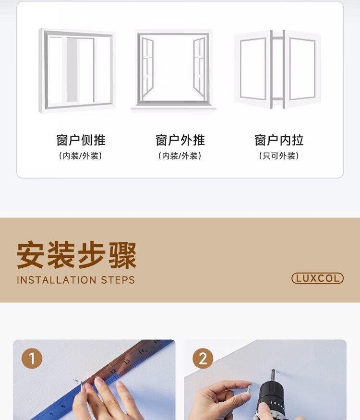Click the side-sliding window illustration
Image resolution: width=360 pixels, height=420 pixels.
click(x=77, y=71)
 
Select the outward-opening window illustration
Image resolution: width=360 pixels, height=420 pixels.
click(x=173, y=70)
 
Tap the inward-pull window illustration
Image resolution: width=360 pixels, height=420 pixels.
click(x=277, y=70)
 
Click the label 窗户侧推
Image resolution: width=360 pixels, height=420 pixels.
click(x=81, y=140)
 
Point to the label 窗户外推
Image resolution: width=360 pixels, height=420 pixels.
click(x=180, y=140)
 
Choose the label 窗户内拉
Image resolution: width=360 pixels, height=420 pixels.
click(x=279, y=140)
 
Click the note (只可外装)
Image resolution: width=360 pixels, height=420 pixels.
click(x=279, y=156)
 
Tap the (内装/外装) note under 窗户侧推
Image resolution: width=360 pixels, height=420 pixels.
click(x=80, y=156)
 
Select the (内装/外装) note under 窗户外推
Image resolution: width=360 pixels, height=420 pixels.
click(x=180, y=156)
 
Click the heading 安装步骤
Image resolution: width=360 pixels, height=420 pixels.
click(x=77, y=255)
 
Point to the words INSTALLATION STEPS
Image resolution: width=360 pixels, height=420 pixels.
click(x=76, y=280)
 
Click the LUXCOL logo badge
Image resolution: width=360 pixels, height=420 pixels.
click(x=317, y=278)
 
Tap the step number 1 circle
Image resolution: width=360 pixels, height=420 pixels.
click(x=32, y=359)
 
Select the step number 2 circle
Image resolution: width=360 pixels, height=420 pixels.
click(x=203, y=359)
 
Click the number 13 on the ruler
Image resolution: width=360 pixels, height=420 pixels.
click(x=127, y=361)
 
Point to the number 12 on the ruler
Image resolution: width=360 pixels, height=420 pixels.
click(x=113, y=372)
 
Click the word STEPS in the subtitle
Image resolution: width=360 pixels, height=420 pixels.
click(x=118, y=280)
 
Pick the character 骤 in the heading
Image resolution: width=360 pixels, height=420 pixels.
click(x=123, y=255)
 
